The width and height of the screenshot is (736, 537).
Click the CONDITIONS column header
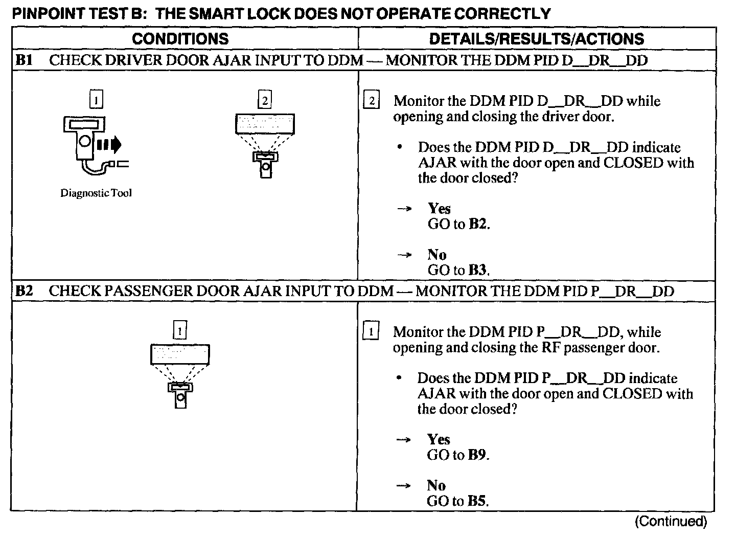tap(180, 39)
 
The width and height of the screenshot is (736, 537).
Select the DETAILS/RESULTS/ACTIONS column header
tap(536, 39)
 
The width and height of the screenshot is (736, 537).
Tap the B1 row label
tap(24, 60)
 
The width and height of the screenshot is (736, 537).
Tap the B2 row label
tap(24, 291)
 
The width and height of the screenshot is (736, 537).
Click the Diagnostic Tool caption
tap(96, 193)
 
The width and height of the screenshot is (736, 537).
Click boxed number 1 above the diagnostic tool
tap(96, 99)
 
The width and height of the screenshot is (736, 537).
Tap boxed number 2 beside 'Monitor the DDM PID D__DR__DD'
tap(372, 101)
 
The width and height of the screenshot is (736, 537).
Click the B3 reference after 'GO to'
tap(478, 270)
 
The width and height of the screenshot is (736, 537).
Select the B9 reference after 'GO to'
tap(478, 455)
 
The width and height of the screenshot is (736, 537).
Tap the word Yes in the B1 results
tap(439, 208)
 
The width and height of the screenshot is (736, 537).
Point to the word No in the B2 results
tap(436, 485)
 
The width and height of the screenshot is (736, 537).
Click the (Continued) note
tap(671, 522)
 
